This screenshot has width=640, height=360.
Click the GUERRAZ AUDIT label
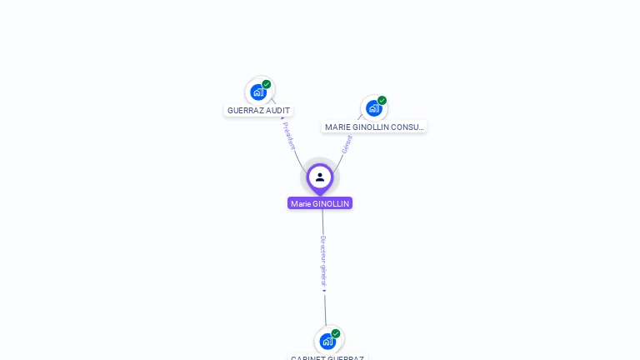(x=258, y=110)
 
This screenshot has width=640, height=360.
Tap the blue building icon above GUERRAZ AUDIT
(x=258, y=92)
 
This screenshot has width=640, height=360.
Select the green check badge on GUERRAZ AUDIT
(x=267, y=84)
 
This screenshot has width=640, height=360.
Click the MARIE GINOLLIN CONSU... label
(x=374, y=127)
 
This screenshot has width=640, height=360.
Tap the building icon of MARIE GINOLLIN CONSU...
(x=373, y=108)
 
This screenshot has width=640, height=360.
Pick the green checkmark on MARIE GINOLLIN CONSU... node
(x=382, y=101)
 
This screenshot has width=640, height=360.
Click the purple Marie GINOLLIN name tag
(x=320, y=203)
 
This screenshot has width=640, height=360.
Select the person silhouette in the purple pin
(x=320, y=177)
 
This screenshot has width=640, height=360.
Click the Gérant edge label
(x=347, y=144)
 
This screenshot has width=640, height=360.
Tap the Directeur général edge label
(x=323, y=261)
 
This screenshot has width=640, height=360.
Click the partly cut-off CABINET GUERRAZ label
(x=327, y=357)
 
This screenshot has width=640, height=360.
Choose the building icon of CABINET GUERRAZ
(x=327, y=341)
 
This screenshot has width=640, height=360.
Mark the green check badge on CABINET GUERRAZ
(x=336, y=333)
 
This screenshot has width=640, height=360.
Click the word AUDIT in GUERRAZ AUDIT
(x=277, y=110)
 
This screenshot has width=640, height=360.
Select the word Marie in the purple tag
(x=300, y=203)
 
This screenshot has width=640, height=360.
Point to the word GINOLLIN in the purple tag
(x=331, y=203)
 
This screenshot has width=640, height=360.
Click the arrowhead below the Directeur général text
(x=324, y=291)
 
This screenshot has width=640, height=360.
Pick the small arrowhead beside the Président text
(x=282, y=118)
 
